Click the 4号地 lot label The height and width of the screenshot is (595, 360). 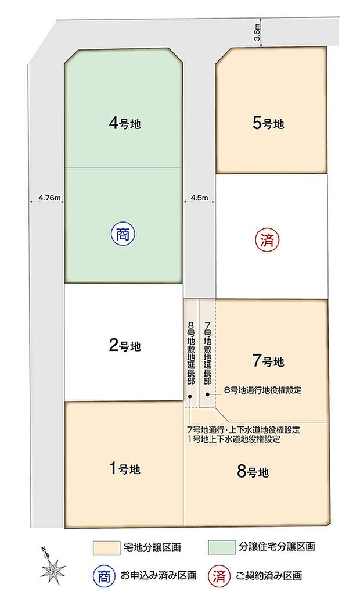[x=125, y=123]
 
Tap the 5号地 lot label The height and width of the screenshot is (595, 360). [x=268, y=123]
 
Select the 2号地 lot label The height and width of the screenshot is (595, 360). [x=125, y=346]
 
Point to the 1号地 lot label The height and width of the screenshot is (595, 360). [x=125, y=469]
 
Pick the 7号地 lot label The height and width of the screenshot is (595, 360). [x=268, y=361]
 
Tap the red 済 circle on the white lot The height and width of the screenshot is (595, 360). [x=267, y=240]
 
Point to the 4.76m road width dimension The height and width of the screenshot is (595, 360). [x=49, y=198]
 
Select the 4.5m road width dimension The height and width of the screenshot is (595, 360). [x=199, y=198]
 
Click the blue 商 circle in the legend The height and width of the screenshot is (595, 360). [x=104, y=576]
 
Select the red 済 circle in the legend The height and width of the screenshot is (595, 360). [x=219, y=576]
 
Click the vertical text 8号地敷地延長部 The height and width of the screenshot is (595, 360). [x=191, y=352]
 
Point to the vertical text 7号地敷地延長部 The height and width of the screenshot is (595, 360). [x=207, y=352]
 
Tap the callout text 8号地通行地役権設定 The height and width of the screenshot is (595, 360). [x=262, y=390]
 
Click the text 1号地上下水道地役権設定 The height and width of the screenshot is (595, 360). [x=234, y=439]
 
